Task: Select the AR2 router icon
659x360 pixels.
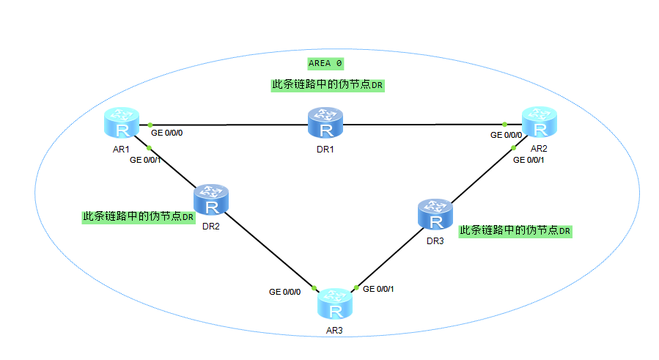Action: point(540,122)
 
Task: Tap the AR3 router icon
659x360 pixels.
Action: point(335,304)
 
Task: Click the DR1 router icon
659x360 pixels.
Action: point(325,122)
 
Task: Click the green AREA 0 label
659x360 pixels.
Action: point(325,63)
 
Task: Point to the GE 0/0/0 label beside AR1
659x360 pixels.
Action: point(168,134)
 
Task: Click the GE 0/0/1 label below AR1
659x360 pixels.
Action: point(146,159)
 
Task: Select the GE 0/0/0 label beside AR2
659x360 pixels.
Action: point(507,135)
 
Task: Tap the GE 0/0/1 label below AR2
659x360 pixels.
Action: point(528,159)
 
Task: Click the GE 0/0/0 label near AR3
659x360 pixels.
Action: point(284,291)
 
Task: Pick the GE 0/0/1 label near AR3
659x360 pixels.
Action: point(379,289)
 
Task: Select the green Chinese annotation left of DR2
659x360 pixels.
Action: point(139,217)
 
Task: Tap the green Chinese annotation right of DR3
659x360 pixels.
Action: point(515,230)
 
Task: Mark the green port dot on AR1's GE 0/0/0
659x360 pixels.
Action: point(149,125)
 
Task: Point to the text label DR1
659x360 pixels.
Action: point(325,149)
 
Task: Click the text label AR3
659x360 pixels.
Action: point(335,330)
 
